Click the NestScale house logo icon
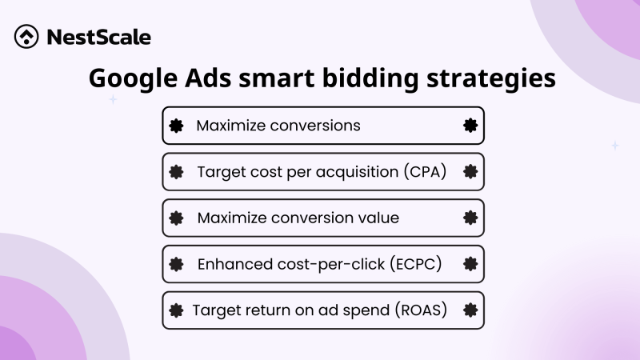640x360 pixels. [28, 37]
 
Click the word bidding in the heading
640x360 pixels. [368, 80]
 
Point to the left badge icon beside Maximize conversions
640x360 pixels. [177, 126]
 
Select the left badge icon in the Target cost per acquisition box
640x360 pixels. [177, 172]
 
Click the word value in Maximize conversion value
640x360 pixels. [378, 218]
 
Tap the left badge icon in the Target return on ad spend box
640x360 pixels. [177, 310]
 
